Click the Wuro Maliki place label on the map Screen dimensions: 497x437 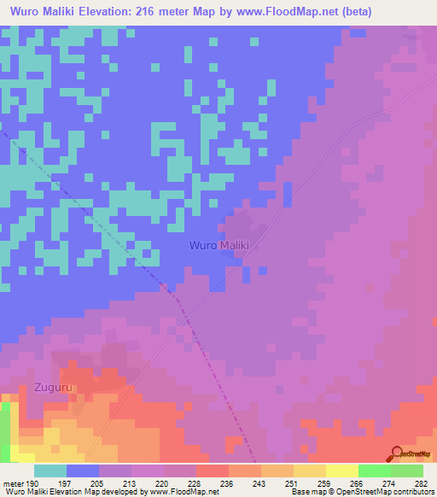point(218,245)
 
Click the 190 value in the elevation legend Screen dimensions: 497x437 point(32,482)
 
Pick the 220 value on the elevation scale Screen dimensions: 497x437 point(164,482)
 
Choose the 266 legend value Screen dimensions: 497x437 point(357,482)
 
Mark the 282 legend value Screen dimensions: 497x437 point(421,482)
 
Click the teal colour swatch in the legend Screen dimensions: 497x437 point(50,471)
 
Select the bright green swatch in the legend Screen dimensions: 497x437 point(374,471)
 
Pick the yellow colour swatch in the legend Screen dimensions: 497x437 point(341,471)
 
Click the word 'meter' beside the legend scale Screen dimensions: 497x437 point(13,482)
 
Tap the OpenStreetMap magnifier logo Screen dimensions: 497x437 point(395,453)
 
